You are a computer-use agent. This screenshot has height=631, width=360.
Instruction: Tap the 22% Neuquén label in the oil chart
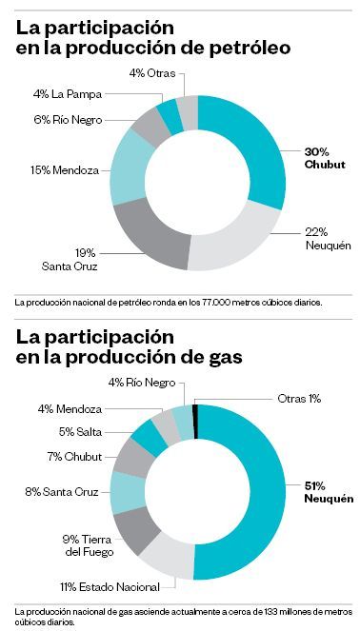(x=330, y=238)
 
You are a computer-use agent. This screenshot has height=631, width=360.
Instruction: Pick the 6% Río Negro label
(x=67, y=119)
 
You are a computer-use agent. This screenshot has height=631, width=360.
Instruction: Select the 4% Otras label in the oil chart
(x=153, y=73)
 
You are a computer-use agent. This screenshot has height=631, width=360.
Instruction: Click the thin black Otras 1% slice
(x=194, y=420)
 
